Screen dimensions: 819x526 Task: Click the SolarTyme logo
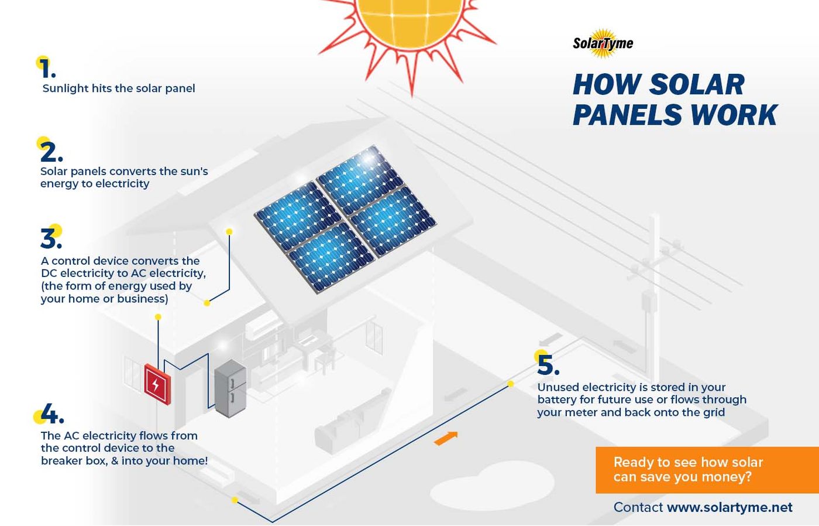[x=603, y=43]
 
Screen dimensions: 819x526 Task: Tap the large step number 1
[x=47, y=69]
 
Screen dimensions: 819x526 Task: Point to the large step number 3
[x=51, y=238]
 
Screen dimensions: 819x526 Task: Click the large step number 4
[x=52, y=414]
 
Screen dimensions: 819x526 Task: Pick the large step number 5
[x=548, y=365]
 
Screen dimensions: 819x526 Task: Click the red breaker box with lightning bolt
[x=157, y=384]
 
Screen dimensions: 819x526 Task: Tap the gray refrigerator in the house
[x=230, y=388]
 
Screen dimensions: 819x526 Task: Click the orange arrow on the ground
[x=446, y=438]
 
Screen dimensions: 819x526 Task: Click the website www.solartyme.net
[x=729, y=507]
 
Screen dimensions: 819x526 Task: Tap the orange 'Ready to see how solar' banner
[x=707, y=470]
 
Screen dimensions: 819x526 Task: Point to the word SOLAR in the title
[x=697, y=84]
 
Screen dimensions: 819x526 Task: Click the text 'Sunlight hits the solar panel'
[x=119, y=88]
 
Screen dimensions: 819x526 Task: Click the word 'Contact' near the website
[x=638, y=507]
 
